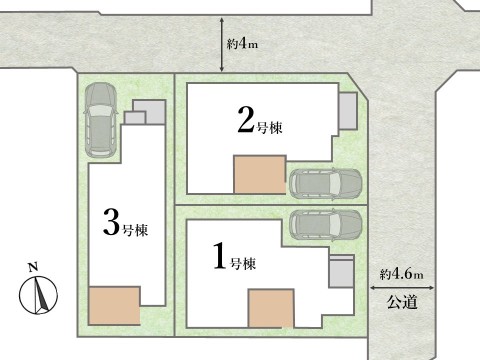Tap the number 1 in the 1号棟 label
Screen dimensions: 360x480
[x=219, y=259]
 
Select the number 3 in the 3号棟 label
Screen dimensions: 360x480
[x=112, y=221]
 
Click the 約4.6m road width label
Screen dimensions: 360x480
[x=402, y=274]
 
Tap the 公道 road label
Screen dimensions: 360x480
[x=402, y=300]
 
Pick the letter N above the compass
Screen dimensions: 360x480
[x=33, y=267]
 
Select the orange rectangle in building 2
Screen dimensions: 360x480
[x=258, y=175]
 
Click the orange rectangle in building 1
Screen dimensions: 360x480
[x=271, y=307]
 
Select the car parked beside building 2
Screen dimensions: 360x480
[x=325, y=183]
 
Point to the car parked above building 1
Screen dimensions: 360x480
[x=325, y=224]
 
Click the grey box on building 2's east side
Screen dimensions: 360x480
[x=347, y=112]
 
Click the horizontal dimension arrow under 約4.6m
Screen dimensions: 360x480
[x=402, y=287]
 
